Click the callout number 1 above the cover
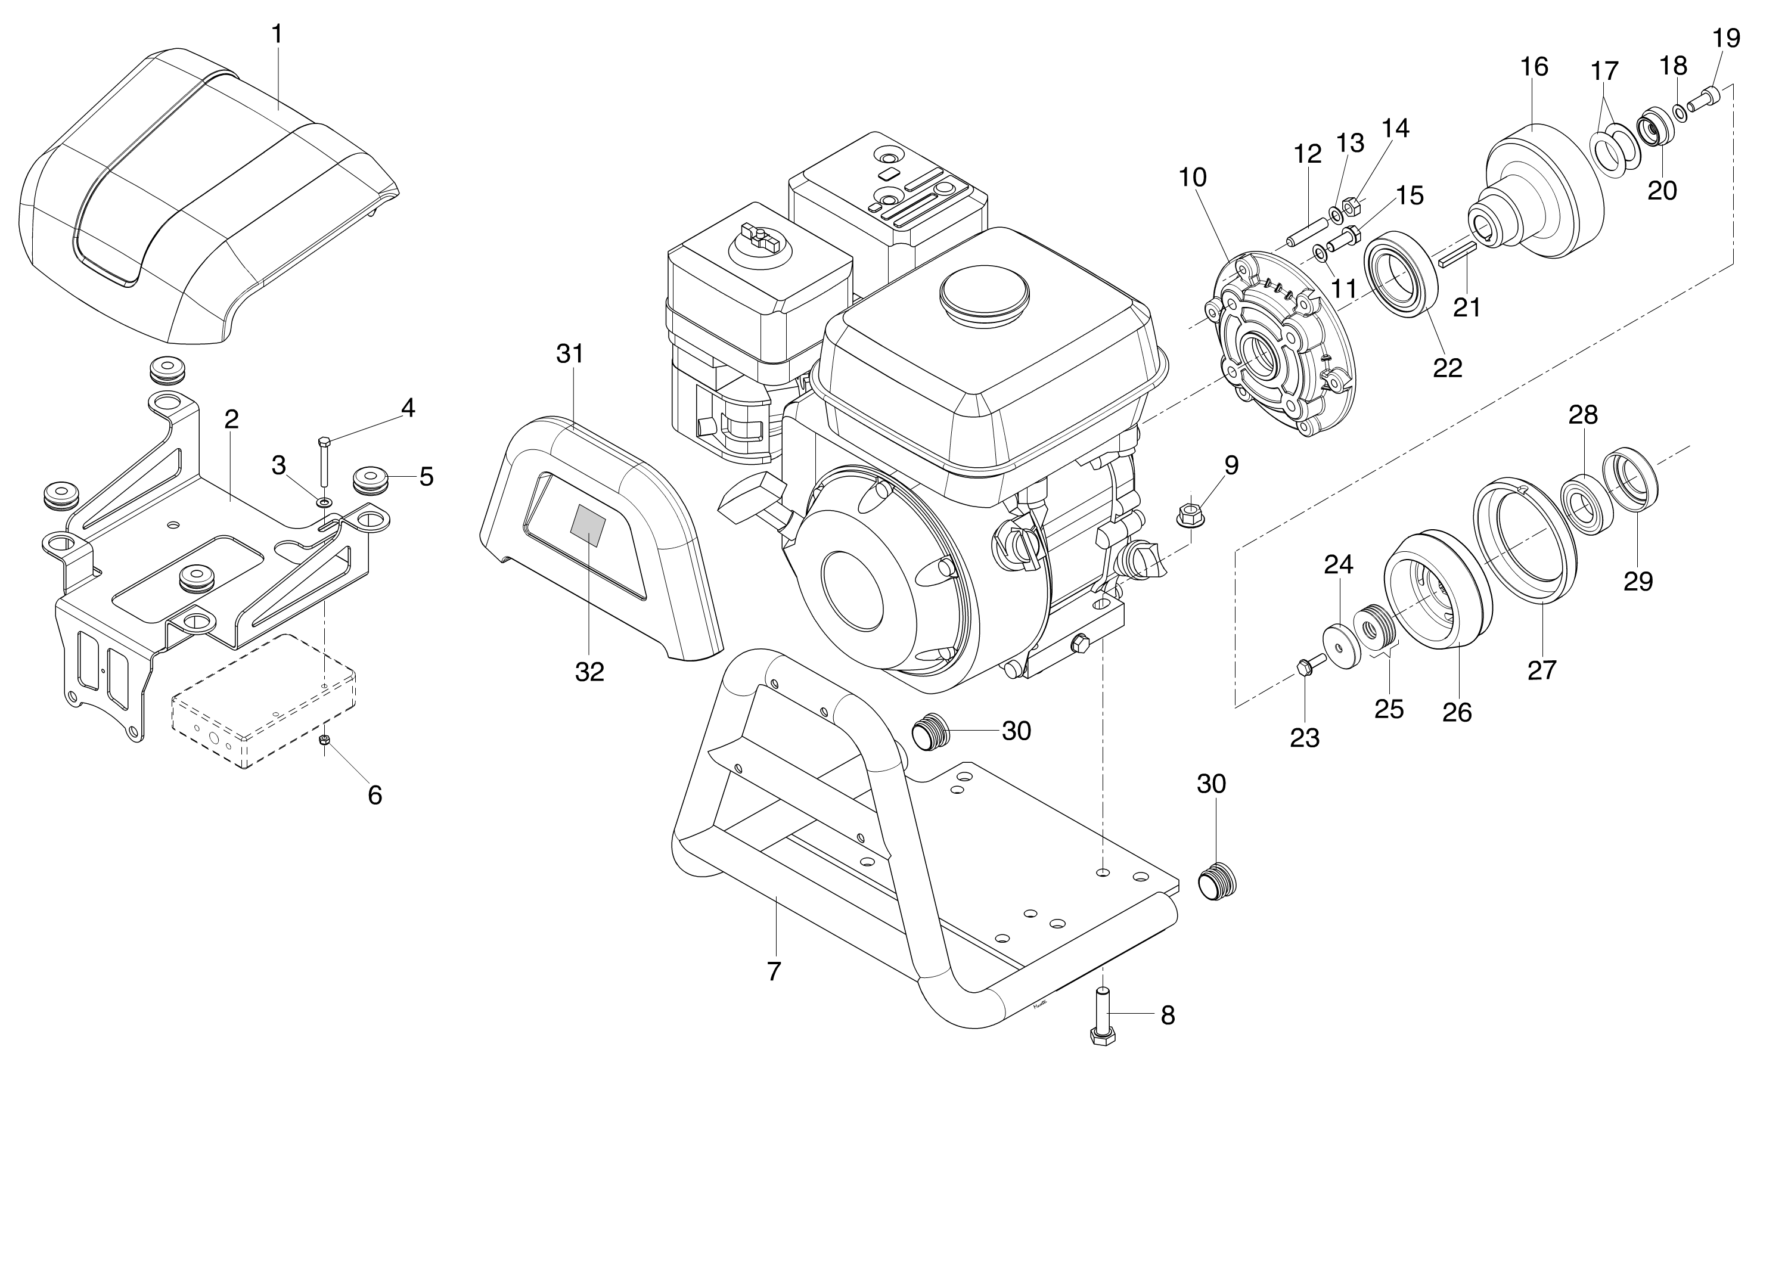[277, 35]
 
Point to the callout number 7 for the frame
[773, 971]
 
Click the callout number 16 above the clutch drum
[1535, 67]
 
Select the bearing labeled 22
[1400, 272]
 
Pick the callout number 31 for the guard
[570, 353]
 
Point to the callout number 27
[1541, 670]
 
